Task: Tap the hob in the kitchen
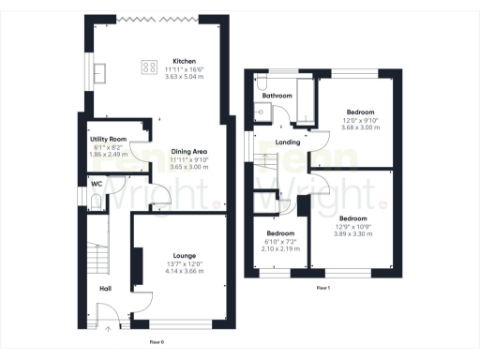click(x=149, y=67)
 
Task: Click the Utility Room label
click(x=108, y=139)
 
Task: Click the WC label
click(x=96, y=184)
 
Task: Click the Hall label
click(x=105, y=289)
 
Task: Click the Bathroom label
click(x=277, y=96)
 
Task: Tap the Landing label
click(x=288, y=142)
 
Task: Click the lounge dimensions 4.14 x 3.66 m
click(x=185, y=269)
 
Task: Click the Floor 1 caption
click(x=323, y=287)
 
